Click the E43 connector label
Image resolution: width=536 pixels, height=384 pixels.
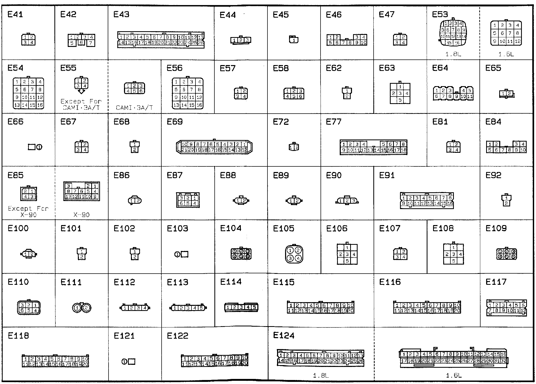click(x=121, y=14)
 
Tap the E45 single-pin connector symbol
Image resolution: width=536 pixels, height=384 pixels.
click(x=294, y=40)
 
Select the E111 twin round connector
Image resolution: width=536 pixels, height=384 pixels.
click(x=82, y=308)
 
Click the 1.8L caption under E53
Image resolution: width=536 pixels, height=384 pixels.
click(x=453, y=54)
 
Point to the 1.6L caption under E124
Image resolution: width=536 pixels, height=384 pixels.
click(x=453, y=376)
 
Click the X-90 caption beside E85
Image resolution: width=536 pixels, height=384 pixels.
click(x=81, y=215)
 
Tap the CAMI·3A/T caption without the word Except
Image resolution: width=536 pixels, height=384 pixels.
click(x=134, y=108)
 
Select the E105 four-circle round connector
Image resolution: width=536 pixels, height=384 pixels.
click(x=294, y=254)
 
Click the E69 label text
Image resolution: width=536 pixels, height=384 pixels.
click(x=175, y=122)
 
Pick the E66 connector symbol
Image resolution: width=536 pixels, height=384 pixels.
click(x=35, y=147)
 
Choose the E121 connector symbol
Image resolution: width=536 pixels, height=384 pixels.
click(x=129, y=362)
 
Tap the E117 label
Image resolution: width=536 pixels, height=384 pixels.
click(x=496, y=282)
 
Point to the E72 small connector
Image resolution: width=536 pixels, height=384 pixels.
click(x=294, y=147)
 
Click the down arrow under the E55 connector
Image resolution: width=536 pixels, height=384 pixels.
click(x=82, y=91)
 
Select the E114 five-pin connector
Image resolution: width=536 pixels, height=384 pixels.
click(x=241, y=307)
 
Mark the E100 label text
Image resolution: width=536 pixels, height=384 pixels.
click(x=18, y=229)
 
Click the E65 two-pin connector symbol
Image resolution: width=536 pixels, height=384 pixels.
click(x=507, y=94)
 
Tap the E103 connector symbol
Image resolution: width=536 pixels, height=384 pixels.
click(x=181, y=255)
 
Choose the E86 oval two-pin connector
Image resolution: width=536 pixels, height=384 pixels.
click(x=135, y=201)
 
